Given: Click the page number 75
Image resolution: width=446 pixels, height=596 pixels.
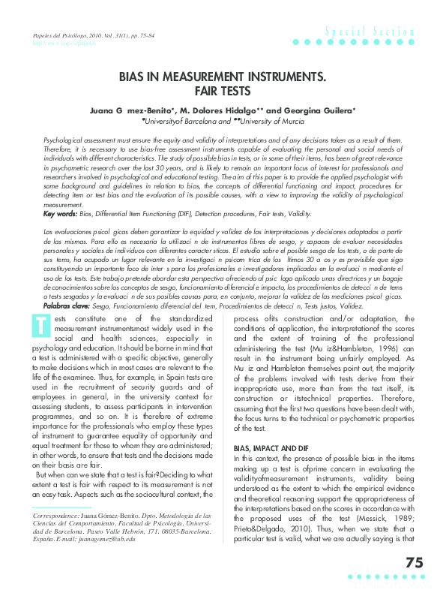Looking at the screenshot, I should [x=414, y=563].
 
